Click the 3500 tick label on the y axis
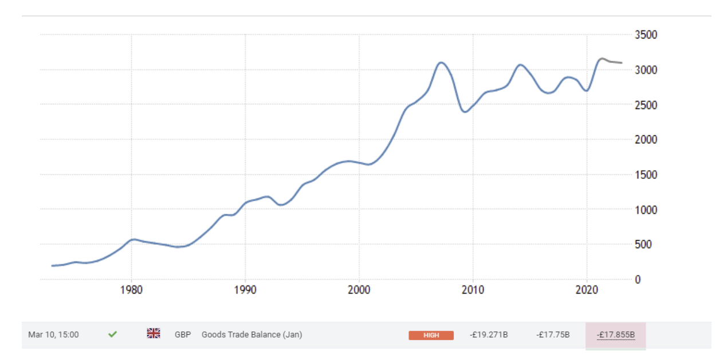tap(645, 35)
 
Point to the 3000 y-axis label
tap(645, 70)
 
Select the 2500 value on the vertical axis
tap(645, 105)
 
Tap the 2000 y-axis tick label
tap(645, 140)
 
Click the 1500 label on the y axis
tap(645, 175)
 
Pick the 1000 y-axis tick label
tap(645, 210)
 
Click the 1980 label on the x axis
tap(131, 290)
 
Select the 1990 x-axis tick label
tap(245, 290)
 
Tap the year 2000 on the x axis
tap(359, 290)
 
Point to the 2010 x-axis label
tap(473, 290)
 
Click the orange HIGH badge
tap(431, 335)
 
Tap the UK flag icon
tap(154, 333)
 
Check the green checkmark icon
tap(112, 334)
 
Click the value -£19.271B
tap(489, 335)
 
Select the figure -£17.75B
tap(553, 335)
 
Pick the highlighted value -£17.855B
tap(616, 335)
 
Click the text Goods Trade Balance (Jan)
tap(252, 335)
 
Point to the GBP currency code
tap(183, 335)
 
